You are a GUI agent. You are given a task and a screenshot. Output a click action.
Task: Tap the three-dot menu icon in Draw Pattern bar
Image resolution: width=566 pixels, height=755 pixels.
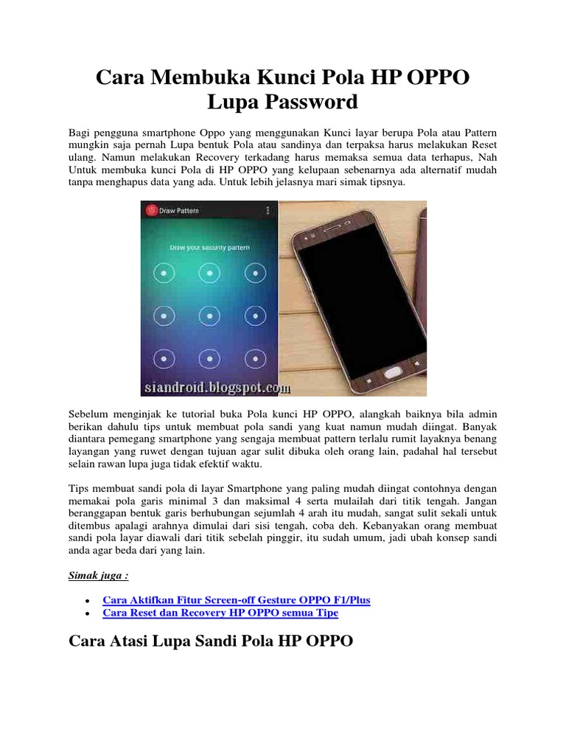(x=267, y=211)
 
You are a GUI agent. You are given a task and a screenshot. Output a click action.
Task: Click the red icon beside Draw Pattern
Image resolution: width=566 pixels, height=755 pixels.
(x=151, y=211)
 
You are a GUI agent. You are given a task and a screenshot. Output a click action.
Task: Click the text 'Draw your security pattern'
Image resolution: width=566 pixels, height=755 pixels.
(x=209, y=248)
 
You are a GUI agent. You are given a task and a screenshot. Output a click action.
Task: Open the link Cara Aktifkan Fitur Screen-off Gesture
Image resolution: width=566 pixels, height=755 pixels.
(x=237, y=600)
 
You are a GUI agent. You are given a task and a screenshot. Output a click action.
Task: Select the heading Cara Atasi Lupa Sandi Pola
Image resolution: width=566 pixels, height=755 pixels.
(x=211, y=642)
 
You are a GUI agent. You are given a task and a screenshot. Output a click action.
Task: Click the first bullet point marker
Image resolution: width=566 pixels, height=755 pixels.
(x=88, y=601)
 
